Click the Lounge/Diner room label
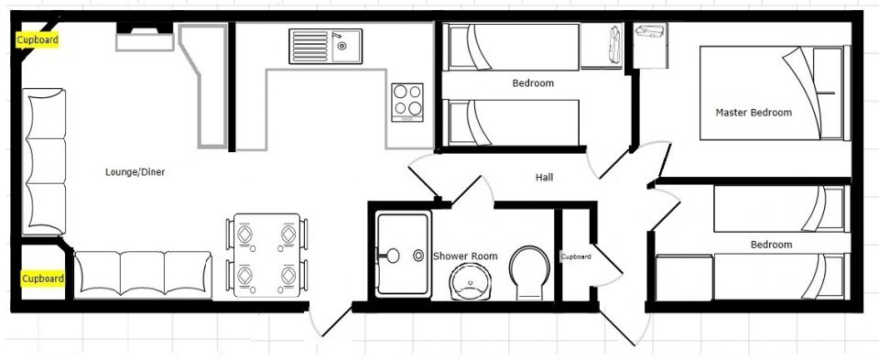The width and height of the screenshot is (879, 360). (x=136, y=172)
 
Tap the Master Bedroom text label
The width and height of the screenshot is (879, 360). (x=754, y=112)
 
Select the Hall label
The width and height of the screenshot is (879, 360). (x=544, y=177)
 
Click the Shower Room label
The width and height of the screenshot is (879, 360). (x=465, y=256)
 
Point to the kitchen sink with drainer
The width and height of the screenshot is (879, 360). (x=326, y=46)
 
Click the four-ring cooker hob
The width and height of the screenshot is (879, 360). (x=407, y=102)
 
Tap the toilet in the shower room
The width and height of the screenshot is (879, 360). (x=529, y=273)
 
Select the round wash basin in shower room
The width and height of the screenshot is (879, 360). (x=471, y=281)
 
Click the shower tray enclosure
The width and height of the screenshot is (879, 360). (x=403, y=255)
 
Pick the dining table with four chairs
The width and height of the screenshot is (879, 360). (x=266, y=256)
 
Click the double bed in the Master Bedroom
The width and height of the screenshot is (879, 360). (x=776, y=93)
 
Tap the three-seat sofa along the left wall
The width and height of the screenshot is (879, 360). (x=44, y=161)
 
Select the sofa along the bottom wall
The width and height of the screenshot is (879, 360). (x=143, y=274)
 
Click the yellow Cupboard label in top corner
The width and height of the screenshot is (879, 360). (x=37, y=40)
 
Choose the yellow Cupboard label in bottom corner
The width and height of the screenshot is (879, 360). (x=43, y=278)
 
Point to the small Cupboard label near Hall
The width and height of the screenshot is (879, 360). (x=576, y=256)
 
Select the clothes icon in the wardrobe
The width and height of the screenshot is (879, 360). (x=615, y=44)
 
